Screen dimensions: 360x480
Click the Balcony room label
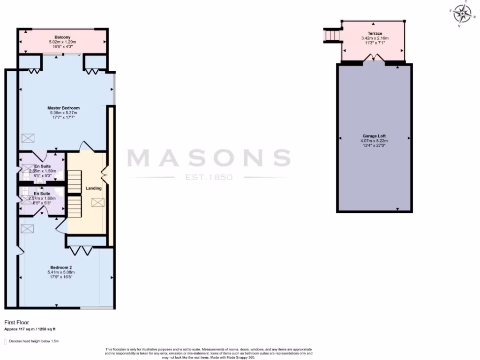point(62,37)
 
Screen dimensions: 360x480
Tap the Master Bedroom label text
point(63,108)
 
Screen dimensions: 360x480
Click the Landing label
point(93,188)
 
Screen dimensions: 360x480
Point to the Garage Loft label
point(375,136)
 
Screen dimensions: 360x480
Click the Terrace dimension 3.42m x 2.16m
point(375,38)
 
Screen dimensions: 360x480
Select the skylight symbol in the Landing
point(98,202)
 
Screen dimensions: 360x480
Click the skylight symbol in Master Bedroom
point(28,138)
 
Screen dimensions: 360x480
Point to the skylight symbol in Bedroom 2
point(28,228)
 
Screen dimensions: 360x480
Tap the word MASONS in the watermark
point(209,158)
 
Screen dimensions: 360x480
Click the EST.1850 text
point(209,178)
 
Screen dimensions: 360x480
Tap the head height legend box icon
point(6,342)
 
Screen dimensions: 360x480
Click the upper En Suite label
point(43,166)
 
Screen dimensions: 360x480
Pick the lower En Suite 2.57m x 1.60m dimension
point(42,198)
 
